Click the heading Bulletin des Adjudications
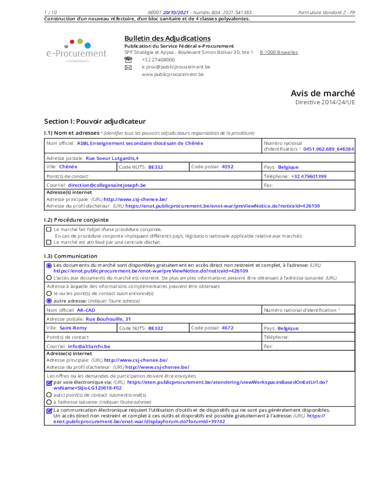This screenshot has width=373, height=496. click(167, 38)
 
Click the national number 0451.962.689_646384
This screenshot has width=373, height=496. click(328, 149)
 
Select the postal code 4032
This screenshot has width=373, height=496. click(227, 167)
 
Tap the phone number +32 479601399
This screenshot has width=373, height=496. click(309, 176)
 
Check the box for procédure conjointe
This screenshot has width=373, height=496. click(48, 229)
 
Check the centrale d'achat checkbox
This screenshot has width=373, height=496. click(48, 242)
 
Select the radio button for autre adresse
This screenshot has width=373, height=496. click(49, 300)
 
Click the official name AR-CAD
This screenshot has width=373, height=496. click(86, 310)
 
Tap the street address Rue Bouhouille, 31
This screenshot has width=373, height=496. click(108, 319)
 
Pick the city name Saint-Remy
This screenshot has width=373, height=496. click(73, 328)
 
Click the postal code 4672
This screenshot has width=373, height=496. click(227, 328)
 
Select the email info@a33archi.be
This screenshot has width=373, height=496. click(89, 346)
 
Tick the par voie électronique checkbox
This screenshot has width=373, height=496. click(49, 382)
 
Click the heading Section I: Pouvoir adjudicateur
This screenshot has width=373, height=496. click(95, 121)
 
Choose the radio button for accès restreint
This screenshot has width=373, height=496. click(49, 278)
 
